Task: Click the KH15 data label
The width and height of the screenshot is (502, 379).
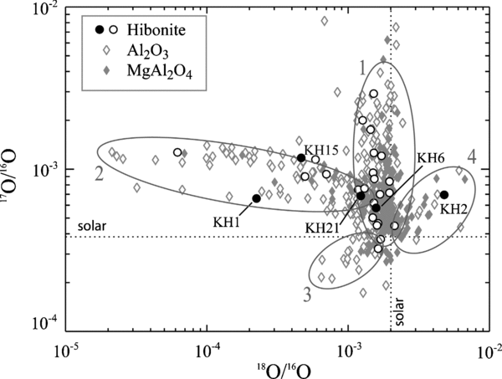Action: (321, 148)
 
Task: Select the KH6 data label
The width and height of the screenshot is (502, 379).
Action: (430, 157)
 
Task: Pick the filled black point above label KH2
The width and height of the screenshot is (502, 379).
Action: (444, 195)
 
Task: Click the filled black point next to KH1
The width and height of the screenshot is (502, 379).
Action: (256, 198)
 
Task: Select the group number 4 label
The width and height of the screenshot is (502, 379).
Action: (472, 156)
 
